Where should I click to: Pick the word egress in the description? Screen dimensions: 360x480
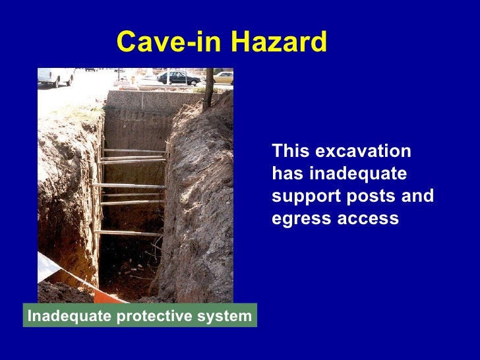click(x=298, y=219)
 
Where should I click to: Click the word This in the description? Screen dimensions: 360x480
click(x=291, y=152)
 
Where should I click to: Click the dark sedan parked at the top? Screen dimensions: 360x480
click(x=178, y=78)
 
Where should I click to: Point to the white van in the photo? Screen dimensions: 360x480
click(x=55, y=76)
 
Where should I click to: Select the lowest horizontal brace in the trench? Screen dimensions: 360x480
click(x=129, y=233)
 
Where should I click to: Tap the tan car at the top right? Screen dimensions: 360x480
click(x=224, y=77)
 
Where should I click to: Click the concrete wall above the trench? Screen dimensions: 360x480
click(x=152, y=100)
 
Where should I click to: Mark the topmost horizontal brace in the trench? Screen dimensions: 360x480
click(x=134, y=151)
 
